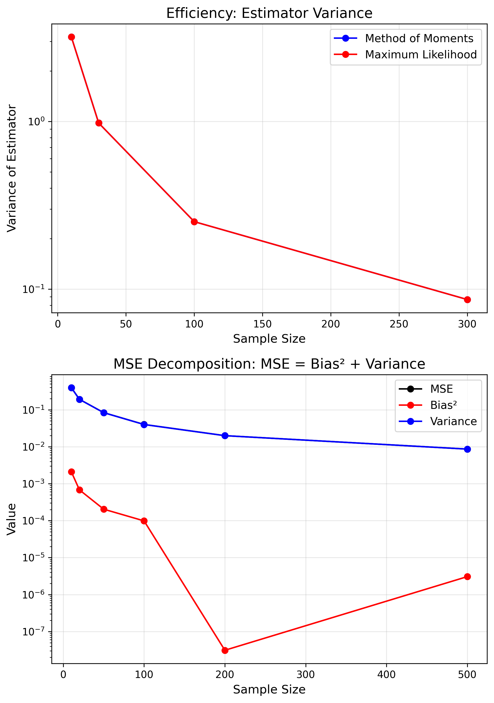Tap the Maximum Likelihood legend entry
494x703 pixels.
[420, 55]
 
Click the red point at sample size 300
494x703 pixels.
[467, 299]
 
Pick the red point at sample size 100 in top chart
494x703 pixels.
[194, 222]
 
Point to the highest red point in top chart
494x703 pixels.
[72, 37]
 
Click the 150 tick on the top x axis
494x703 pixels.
[262, 324]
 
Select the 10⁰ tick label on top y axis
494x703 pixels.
[36, 121]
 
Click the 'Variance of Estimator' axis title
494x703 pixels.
[12, 168]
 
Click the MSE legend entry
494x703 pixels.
[441, 389]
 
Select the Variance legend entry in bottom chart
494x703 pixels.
[453, 421]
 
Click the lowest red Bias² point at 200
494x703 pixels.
[225, 650]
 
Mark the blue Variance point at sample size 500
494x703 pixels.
[467, 449]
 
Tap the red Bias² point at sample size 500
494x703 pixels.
[467, 577]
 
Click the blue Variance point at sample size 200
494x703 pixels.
[225, 435]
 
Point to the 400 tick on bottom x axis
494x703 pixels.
[386, 674]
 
